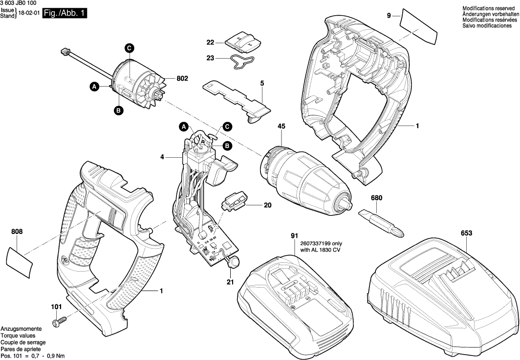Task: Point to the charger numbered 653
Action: (442, 296)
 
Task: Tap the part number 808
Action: (17, 232)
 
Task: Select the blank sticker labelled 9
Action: (418, 26)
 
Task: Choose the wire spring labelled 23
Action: (242, 62)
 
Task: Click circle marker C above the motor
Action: (129, 48)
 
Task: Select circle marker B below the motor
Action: (118, 110)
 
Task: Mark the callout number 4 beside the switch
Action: (162, 158)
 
